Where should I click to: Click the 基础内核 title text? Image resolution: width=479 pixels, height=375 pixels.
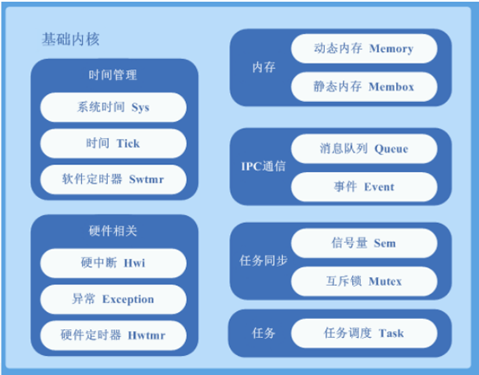tap(72, 40)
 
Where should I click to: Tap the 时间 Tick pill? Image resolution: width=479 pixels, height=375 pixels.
tap(113, 143)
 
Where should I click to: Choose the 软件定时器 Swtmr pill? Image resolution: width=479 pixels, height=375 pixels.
tap(113, 179)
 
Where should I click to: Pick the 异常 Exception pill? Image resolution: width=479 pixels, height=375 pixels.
tap(113, 299)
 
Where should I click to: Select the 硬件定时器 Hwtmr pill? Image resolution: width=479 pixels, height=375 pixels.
tap(113, 334)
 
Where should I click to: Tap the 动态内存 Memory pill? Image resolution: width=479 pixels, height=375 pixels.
tap(364, 49)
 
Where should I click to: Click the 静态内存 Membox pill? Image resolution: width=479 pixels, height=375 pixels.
tap(364, 86)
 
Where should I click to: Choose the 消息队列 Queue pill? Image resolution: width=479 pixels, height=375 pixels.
tap(364, 149)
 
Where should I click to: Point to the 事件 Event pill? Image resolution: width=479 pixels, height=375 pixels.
tap(364, 187)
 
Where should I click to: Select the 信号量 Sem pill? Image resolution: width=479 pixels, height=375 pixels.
tap(364, 244)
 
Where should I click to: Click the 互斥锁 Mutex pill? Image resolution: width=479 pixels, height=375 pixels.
tap(364, 282)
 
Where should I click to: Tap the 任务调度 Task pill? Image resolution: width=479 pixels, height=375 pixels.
tap(364, 333)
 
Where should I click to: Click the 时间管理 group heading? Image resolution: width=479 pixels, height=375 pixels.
tap(113, 75)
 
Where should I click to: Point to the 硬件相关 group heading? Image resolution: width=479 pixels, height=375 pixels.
tap(113, 232)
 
